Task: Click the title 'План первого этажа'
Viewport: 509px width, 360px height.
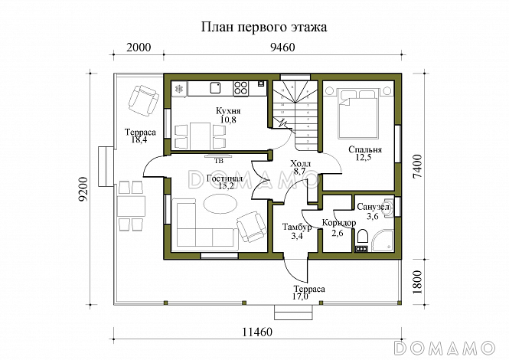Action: click(x=263, y=28)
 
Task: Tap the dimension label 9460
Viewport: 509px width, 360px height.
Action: click(x=282, y=47)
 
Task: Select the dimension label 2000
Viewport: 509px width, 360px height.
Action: click(x=139, y=47)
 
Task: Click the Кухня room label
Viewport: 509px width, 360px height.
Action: click(x=228, y=112)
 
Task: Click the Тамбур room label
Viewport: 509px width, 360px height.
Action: click(x=295, y=228)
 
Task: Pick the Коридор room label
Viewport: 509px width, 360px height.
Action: click(x=338, y=223)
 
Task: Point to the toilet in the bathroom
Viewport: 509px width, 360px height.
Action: click(x=363, y=237)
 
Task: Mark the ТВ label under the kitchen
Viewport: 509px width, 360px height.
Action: click(x=218, y=161)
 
